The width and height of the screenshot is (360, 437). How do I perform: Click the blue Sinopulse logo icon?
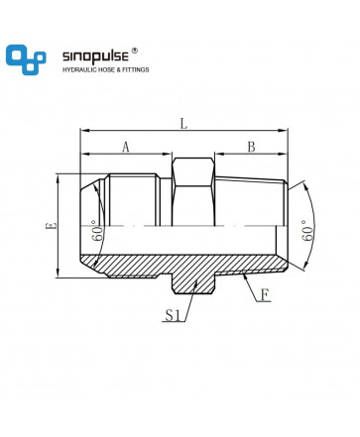[26, 59]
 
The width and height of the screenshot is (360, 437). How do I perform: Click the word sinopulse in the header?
[95, 56]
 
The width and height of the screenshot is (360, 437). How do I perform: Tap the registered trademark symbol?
[135, 51]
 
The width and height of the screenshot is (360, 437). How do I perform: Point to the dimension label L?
[183, 124]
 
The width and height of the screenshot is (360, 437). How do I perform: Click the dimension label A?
[126, 147]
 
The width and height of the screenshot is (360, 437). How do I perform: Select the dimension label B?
[252, 147]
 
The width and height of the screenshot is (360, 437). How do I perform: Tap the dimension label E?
[53, 226]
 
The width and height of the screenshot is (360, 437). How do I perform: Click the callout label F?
[265, 295]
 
